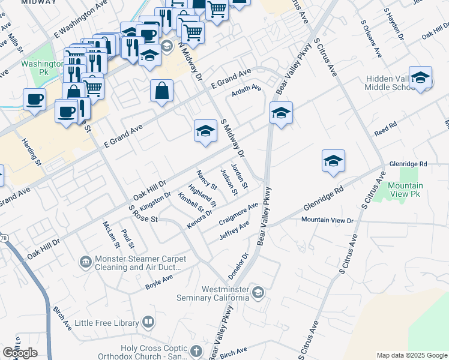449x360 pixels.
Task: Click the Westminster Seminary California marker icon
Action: click(258, 292)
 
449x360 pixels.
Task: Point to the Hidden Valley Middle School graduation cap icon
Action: click(421, 77)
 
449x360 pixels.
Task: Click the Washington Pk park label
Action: click(42, 67)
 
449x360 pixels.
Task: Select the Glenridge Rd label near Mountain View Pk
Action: click(408, 163)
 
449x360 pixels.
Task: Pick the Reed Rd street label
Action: click(386, 129)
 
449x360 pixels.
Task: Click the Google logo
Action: click(20, 353)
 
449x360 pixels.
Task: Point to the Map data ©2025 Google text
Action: click(412, 355)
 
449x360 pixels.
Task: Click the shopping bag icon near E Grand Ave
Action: click(162, 91)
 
